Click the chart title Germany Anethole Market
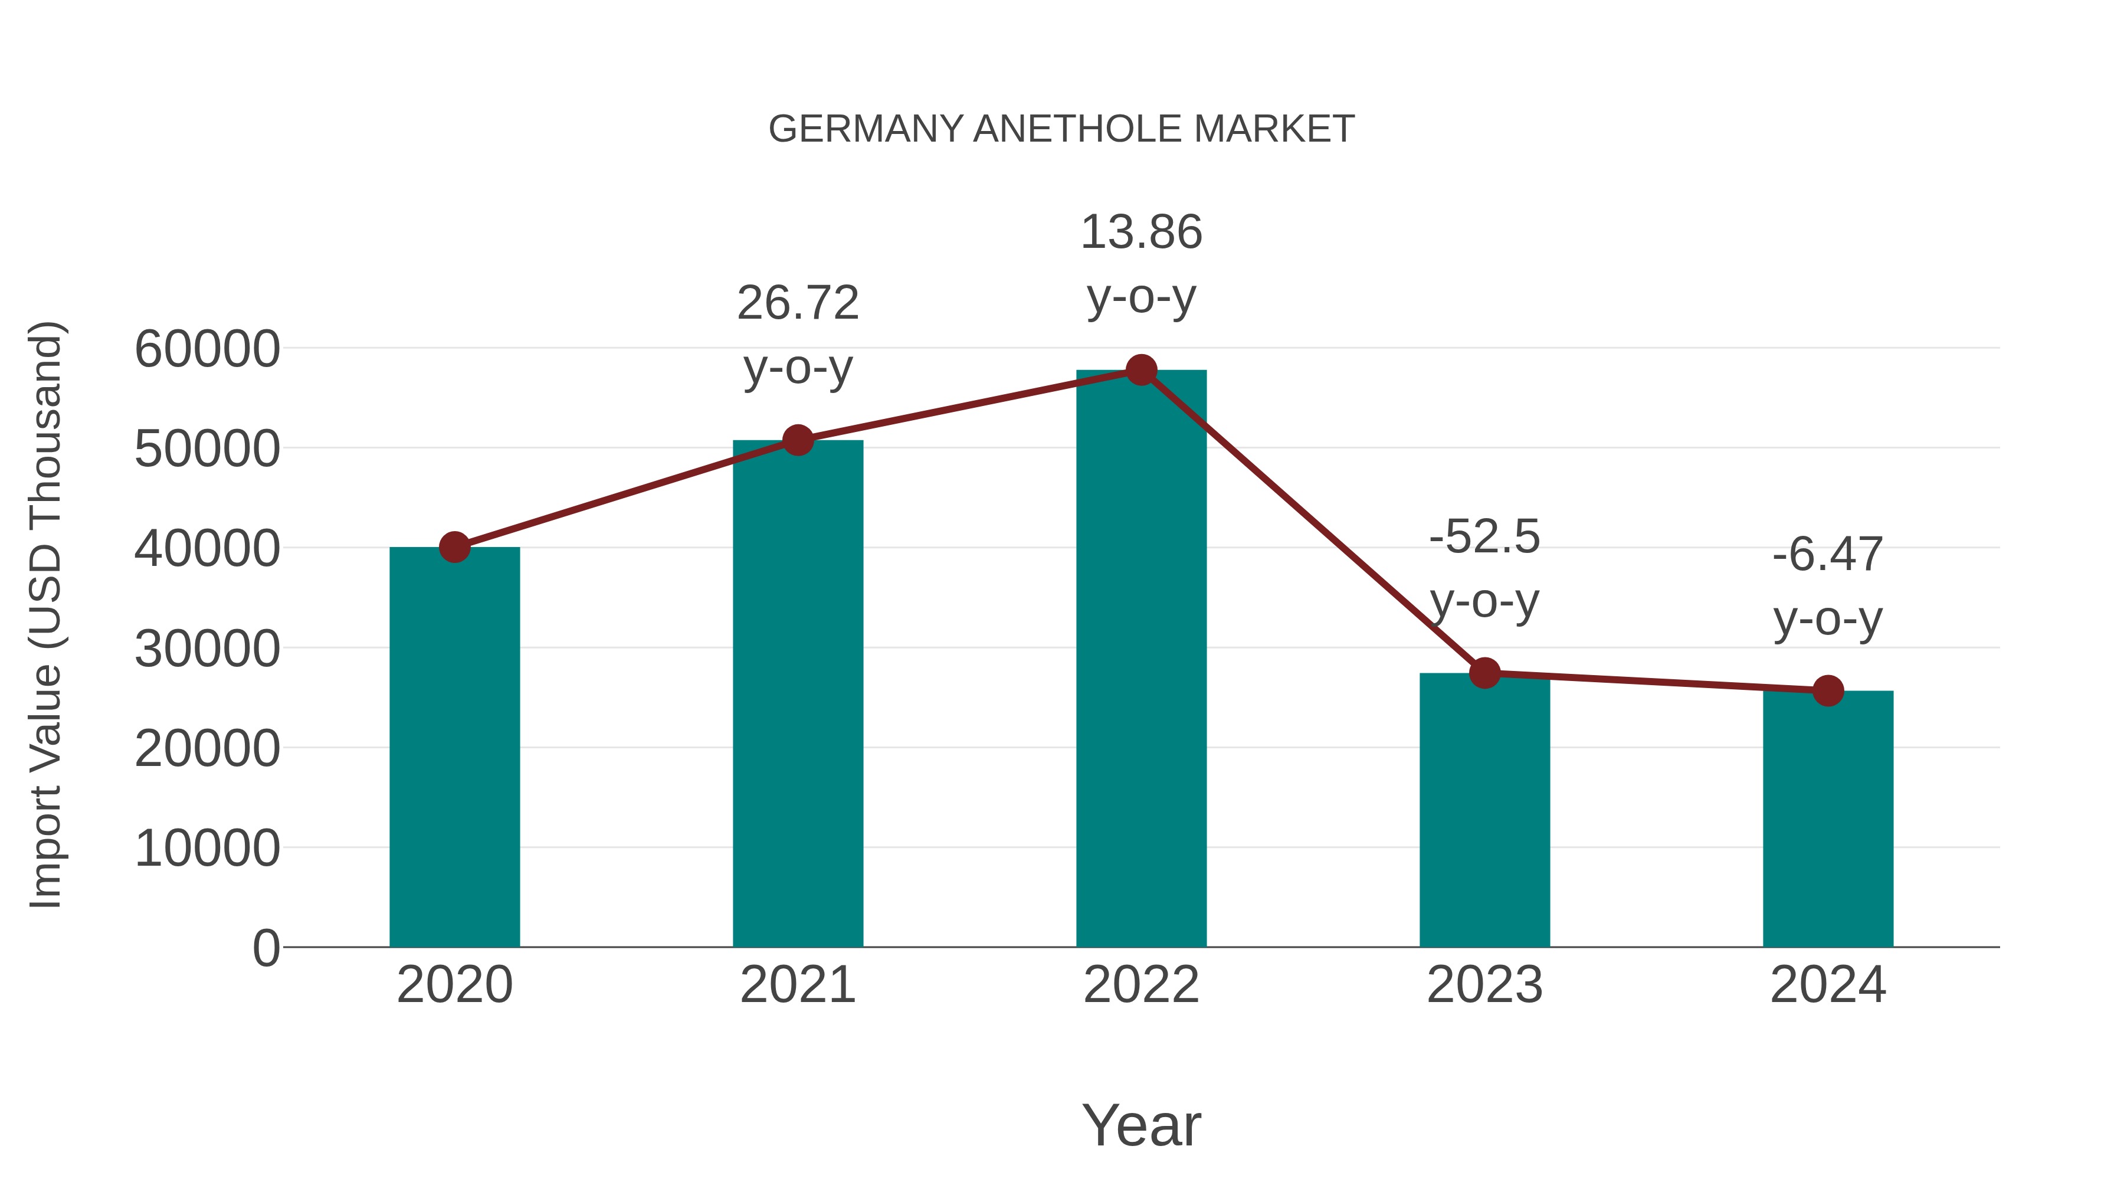[1061, 129]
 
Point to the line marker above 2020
[454, 547]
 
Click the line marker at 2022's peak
[1141, 370]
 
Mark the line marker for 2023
[1484, 673]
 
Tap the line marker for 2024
[1827, 690]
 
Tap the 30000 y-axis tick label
[207, 649]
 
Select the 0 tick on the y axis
[265, 948]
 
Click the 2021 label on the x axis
[797, 985]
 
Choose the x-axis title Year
[1141, 1125]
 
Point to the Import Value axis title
[46, 614]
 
